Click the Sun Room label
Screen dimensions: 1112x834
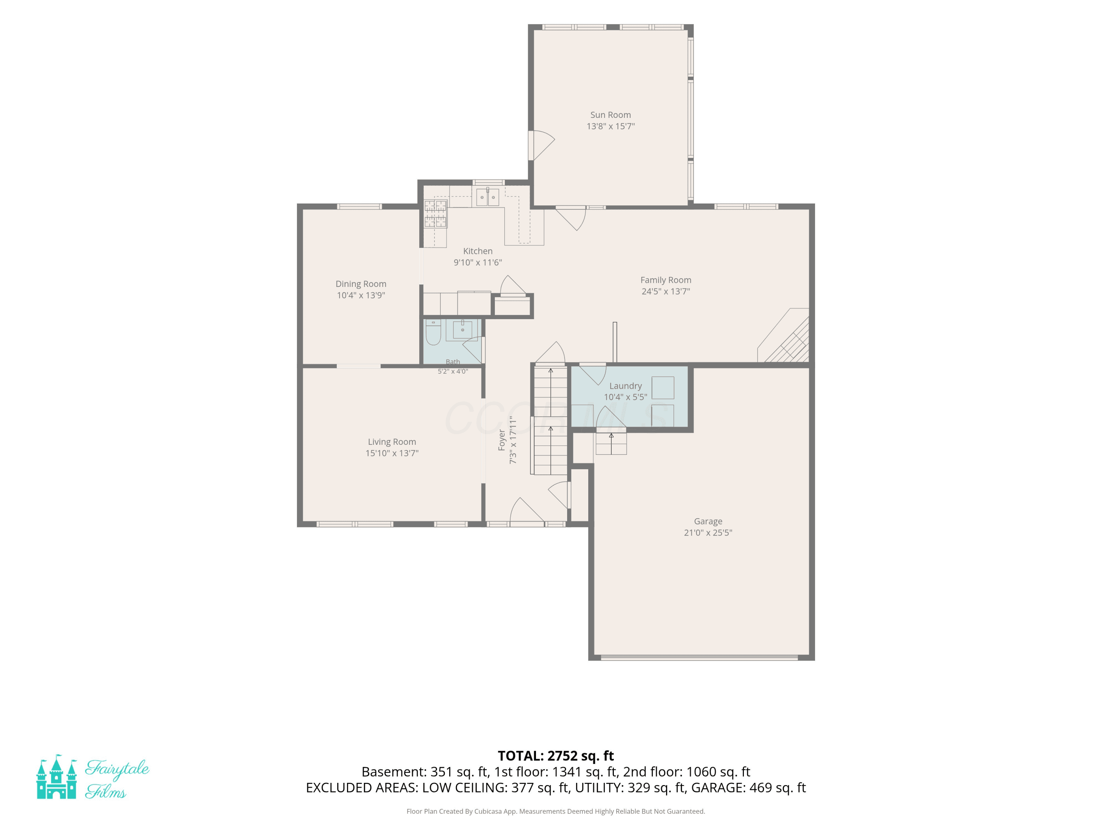(610, 115)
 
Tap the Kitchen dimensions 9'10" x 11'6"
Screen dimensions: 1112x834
(477, 262)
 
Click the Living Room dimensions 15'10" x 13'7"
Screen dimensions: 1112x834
(392, 453)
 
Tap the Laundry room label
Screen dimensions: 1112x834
(625, 386)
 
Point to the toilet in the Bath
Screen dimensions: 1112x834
(433, 332)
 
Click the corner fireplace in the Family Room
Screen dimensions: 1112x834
(783, 335)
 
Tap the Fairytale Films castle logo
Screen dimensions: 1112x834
(56, 777)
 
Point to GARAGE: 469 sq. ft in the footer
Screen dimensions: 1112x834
(748, 788)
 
